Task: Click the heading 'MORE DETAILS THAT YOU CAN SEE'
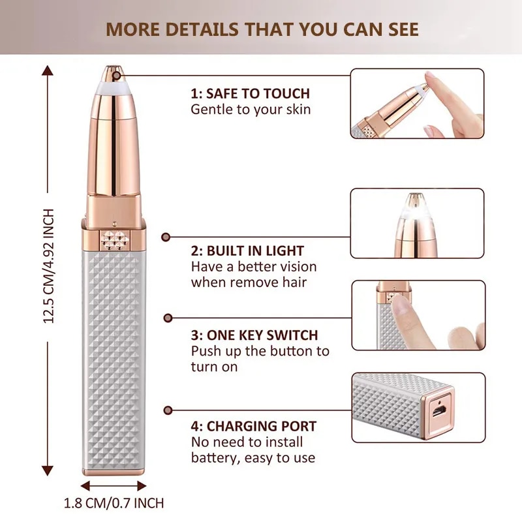coord(262,29)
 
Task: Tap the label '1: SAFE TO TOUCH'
coord(250,93)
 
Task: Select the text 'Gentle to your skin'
coord(251,109)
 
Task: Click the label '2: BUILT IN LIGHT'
coord(247,251)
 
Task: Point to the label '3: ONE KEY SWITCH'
coord(254,335)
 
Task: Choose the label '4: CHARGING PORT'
coord(254,427)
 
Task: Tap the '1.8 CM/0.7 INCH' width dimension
coord(114,503)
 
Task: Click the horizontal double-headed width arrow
coord(114,486)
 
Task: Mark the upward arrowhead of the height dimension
coord(48,70)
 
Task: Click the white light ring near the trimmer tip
coord(114,82)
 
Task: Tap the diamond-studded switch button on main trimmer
coord(114,239)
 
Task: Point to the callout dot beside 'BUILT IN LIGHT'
coord(166,238)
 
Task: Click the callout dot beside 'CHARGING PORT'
coord(167,410)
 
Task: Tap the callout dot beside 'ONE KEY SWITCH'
coord(167,318)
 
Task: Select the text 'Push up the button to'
coord(260,351)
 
